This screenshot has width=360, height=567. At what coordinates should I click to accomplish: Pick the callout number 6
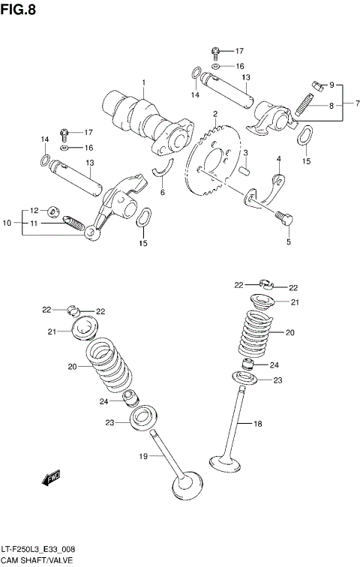click(161, 192)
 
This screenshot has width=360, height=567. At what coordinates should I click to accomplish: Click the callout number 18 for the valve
click(257, 424)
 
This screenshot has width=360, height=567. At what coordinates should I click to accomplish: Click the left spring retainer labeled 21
click(85, 328)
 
